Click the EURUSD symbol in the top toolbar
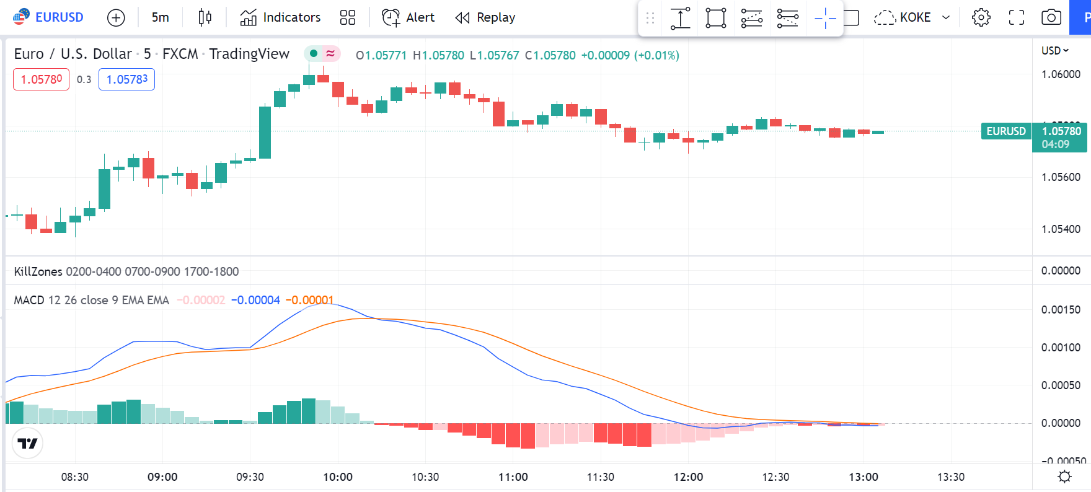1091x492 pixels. pyautogui.click(x=49, y=17)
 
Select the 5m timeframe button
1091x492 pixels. pyautogui.click(x=160, y=17)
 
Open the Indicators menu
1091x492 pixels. pyautogui.click(x=281, y=17)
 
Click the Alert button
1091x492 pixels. pyautogui.click(x=409, y=17)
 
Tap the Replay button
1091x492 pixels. pyautogui.click(x=485, y=17)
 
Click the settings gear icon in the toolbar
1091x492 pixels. pyautogui.click(x=981, y=17)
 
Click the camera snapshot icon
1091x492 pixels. pyautogui.click(x=1051, y=17)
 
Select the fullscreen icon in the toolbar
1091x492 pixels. pyautogui.click(x=1017, y=17)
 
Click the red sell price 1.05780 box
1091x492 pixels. pyautogui.click(x=41, y=79)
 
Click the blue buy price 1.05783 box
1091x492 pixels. pyautogui.click(x=126, y=79)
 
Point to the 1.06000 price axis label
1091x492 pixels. pyautogui.click(x=1061, y=74)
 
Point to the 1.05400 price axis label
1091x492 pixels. pyautogui.click(x=1061, y=229)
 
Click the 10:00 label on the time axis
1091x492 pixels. pyautogui.click(x=338, y=477)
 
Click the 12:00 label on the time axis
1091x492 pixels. pyautogui.click(x=688, y=477)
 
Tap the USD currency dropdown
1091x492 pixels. pyautogui.click(x=1054, y=51)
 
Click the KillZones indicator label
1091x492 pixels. pyautogui.click(x=38, y=271)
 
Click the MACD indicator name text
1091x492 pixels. pyautogui.click(x=29, y=301)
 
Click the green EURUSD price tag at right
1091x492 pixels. pyautogui.click(x=1006, y=131)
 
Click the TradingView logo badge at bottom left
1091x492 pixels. pyautogui.click(x=27, y=443)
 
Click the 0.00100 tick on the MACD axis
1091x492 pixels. pyautogui.click(x=1061, y=348)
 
